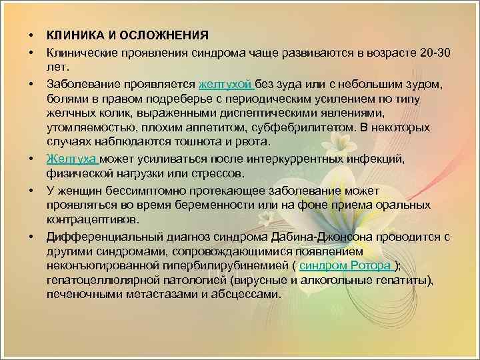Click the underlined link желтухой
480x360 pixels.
[226, 84]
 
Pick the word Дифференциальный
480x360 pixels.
[99, 236]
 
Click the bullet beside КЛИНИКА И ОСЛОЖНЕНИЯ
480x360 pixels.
[31, 35]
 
